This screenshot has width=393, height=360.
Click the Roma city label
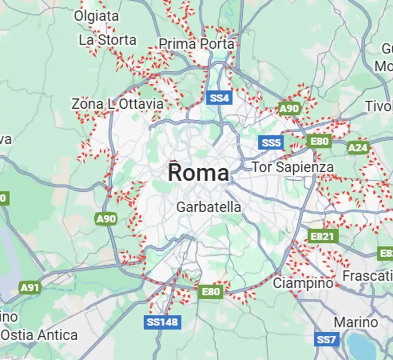point(198,173)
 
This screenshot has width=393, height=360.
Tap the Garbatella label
point(209,207)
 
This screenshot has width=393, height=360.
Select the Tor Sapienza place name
point(293,167)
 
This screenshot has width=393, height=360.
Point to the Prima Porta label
point(197,44)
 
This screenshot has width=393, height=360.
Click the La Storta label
point(107,40)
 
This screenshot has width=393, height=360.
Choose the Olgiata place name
point(97,16)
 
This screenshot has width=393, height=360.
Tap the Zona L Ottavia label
point(117,104)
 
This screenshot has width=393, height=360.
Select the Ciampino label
point(303,283)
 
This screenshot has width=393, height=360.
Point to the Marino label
point(356,322)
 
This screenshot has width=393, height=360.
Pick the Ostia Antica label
point(39,335)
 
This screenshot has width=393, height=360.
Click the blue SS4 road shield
point(219,98)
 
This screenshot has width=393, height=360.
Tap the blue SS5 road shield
point(271,142)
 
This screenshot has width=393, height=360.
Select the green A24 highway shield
point(358,148)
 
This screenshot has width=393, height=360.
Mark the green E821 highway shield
point(323,236)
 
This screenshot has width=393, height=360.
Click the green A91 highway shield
point(30,288)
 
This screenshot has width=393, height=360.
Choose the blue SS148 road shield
point(162,322)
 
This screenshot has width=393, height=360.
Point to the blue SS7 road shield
point(326,339)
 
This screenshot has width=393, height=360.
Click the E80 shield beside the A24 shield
point(319,141)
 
